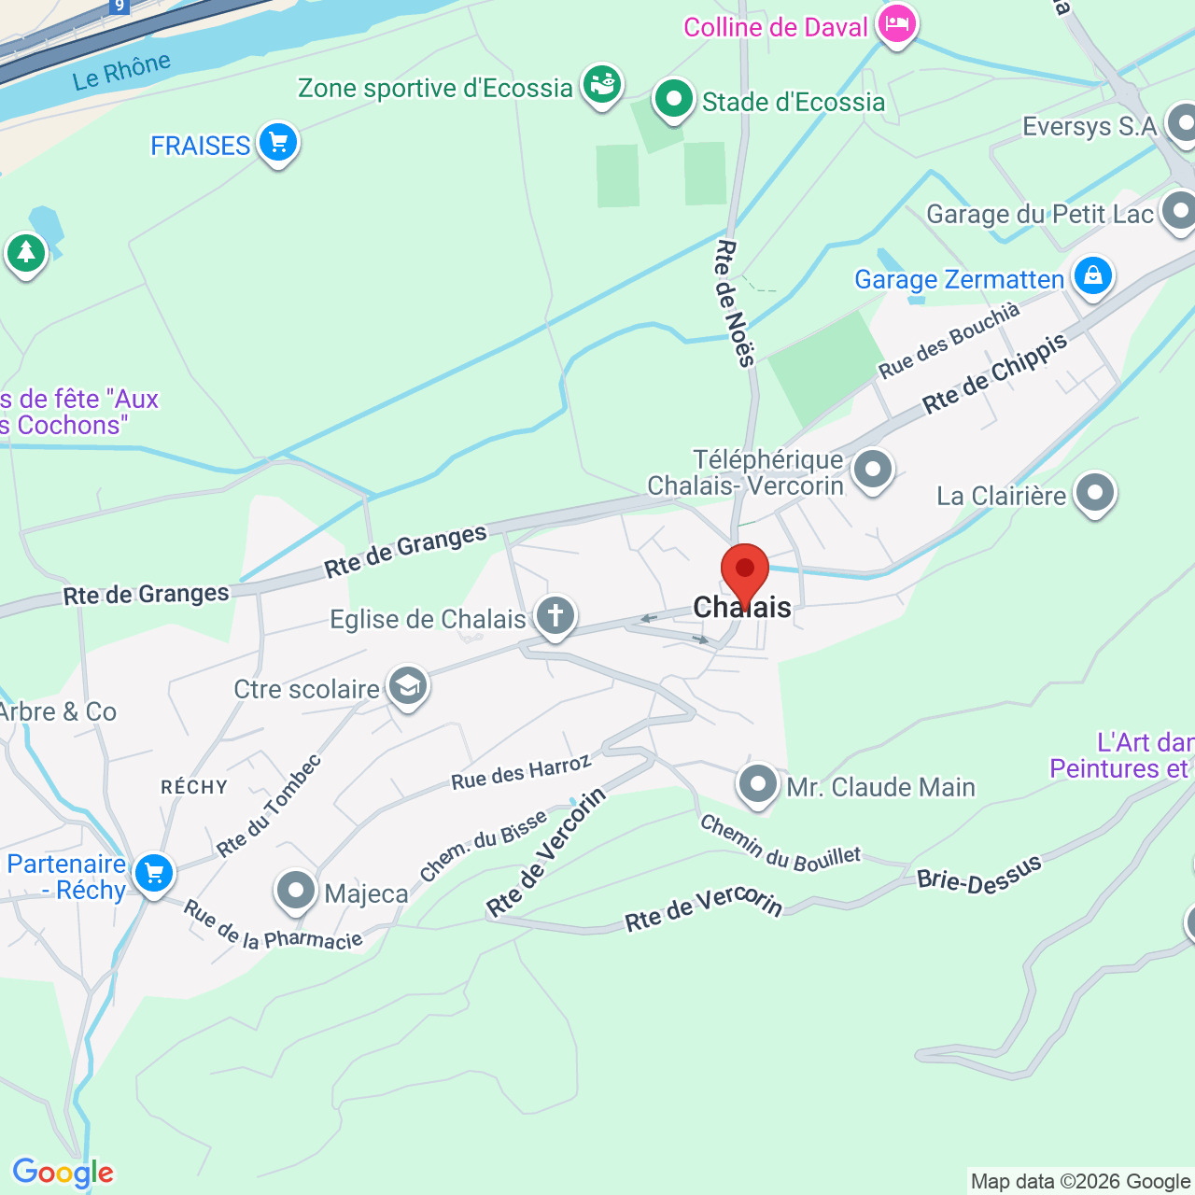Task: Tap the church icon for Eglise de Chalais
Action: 555,616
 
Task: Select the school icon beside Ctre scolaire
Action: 407,687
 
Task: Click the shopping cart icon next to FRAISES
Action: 277,143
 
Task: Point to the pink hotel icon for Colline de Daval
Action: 896,25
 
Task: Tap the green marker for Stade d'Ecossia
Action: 673,98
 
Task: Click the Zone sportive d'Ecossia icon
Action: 602,85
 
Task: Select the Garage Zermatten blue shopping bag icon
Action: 1092,275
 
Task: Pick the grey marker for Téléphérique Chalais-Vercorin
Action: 873,470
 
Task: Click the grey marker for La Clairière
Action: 1095,492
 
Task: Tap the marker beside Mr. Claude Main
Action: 757,783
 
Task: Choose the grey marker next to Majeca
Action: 296,890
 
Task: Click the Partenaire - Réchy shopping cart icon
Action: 154,874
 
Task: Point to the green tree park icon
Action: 26,252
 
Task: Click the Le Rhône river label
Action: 122,72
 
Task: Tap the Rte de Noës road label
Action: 735,303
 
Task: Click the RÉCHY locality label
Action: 194,787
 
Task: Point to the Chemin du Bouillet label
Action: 780,843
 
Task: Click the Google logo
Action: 63,1173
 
